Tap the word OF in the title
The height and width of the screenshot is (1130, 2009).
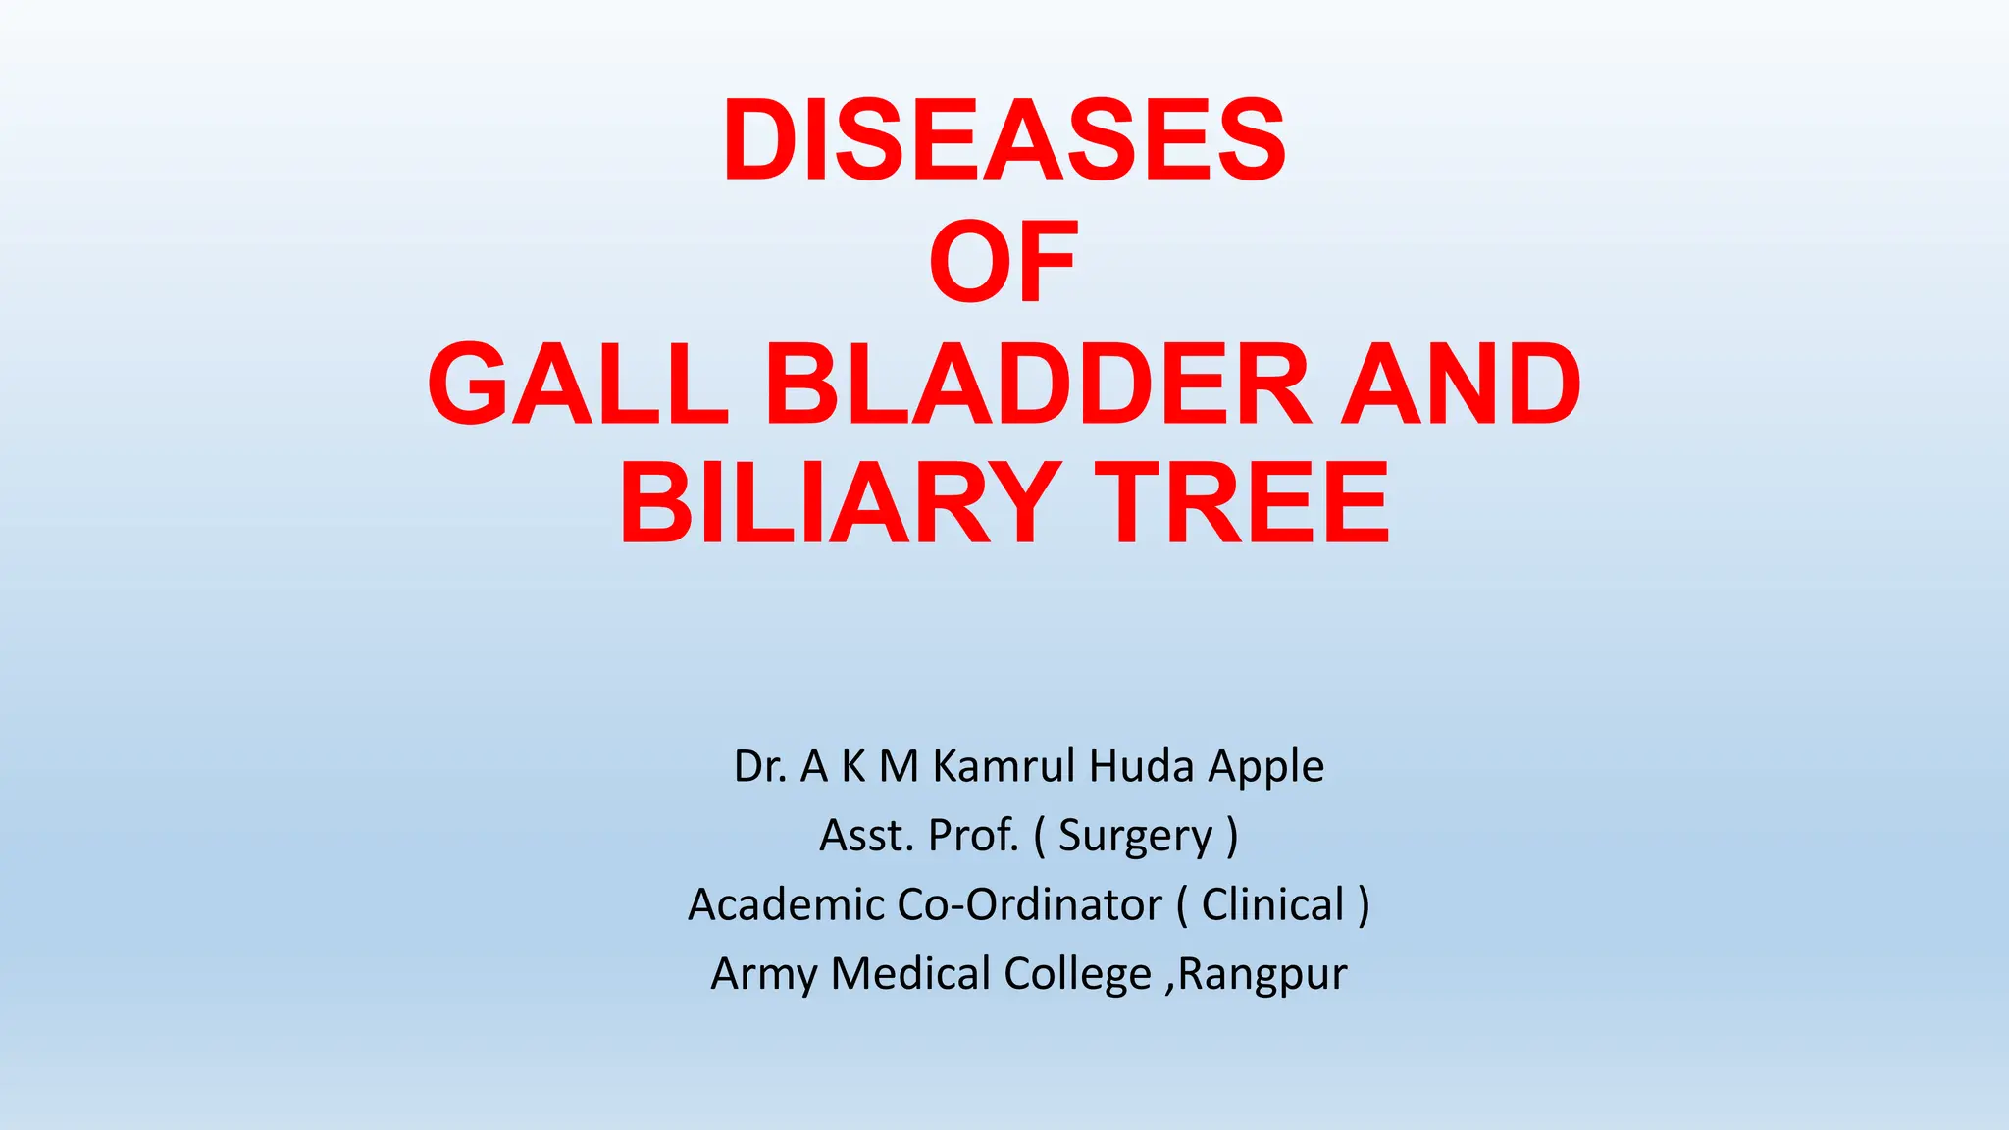point(1004,262)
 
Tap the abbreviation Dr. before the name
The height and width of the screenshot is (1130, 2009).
point(760,766)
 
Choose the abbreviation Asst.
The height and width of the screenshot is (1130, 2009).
point(866,836)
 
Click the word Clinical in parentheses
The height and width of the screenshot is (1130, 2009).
point(1272,904)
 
